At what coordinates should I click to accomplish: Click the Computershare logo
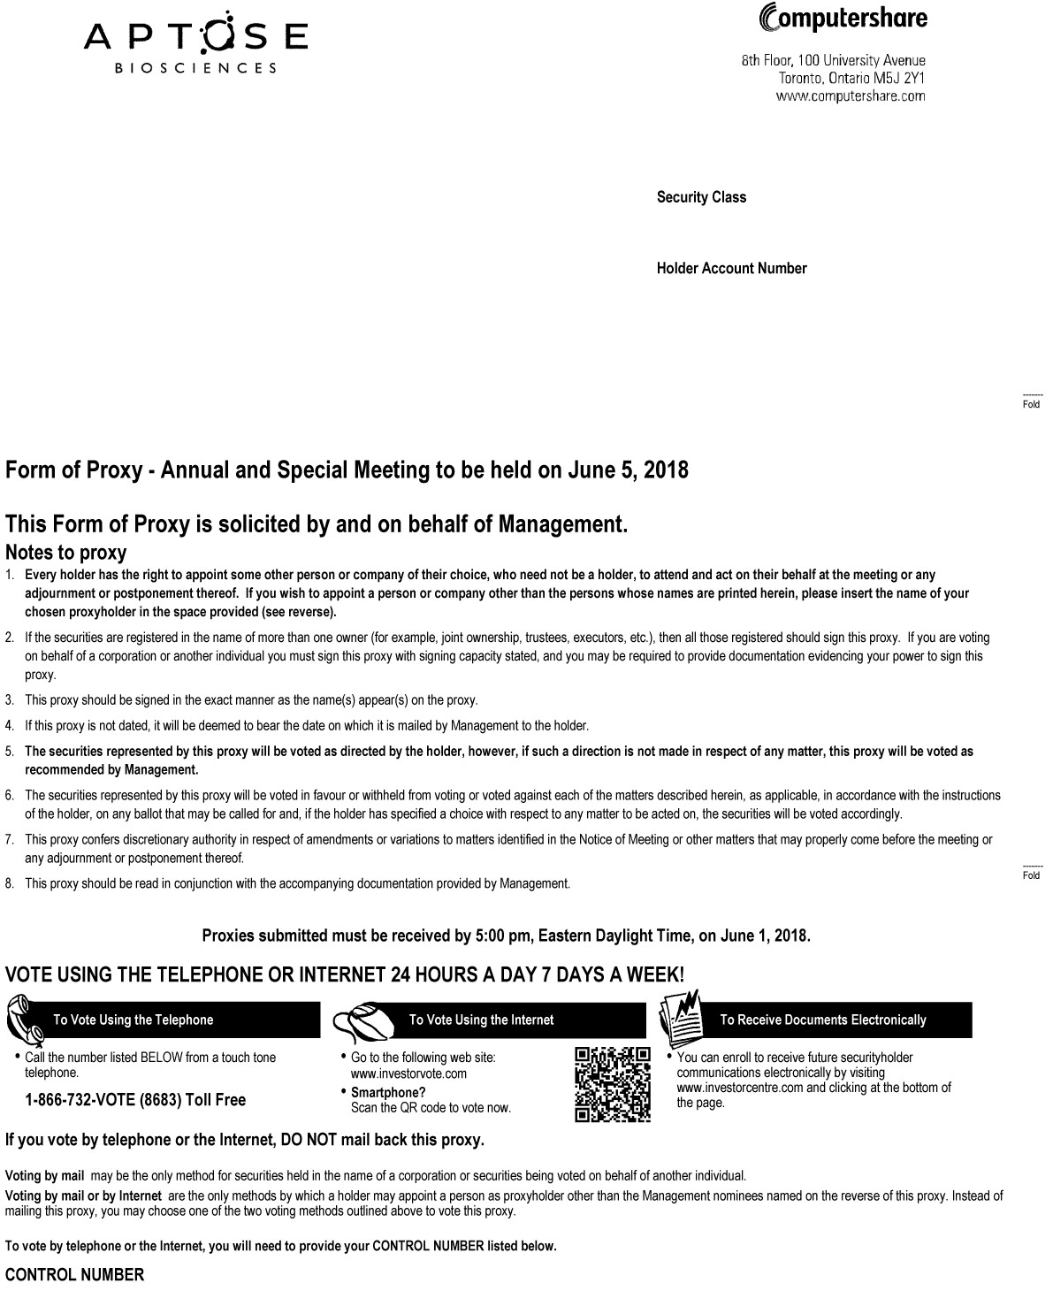[x=830, y=17]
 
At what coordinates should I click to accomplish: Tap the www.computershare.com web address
[x=850, y=96]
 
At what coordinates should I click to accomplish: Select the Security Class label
[x=701, y=197]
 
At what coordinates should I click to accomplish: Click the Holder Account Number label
[x=731, y=268]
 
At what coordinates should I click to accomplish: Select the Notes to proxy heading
[x=65, y=553]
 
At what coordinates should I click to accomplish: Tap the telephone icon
[x=26, y=1019]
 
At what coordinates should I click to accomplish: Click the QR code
[x=613, y=1084]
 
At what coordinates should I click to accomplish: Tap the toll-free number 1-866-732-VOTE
[x=135, y=1100]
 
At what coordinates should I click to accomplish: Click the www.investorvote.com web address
[x=408, y=1073]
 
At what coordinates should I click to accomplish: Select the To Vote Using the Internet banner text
[x=481, y=1020]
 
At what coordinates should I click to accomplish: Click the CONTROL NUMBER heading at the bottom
[x=74, y=1274]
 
